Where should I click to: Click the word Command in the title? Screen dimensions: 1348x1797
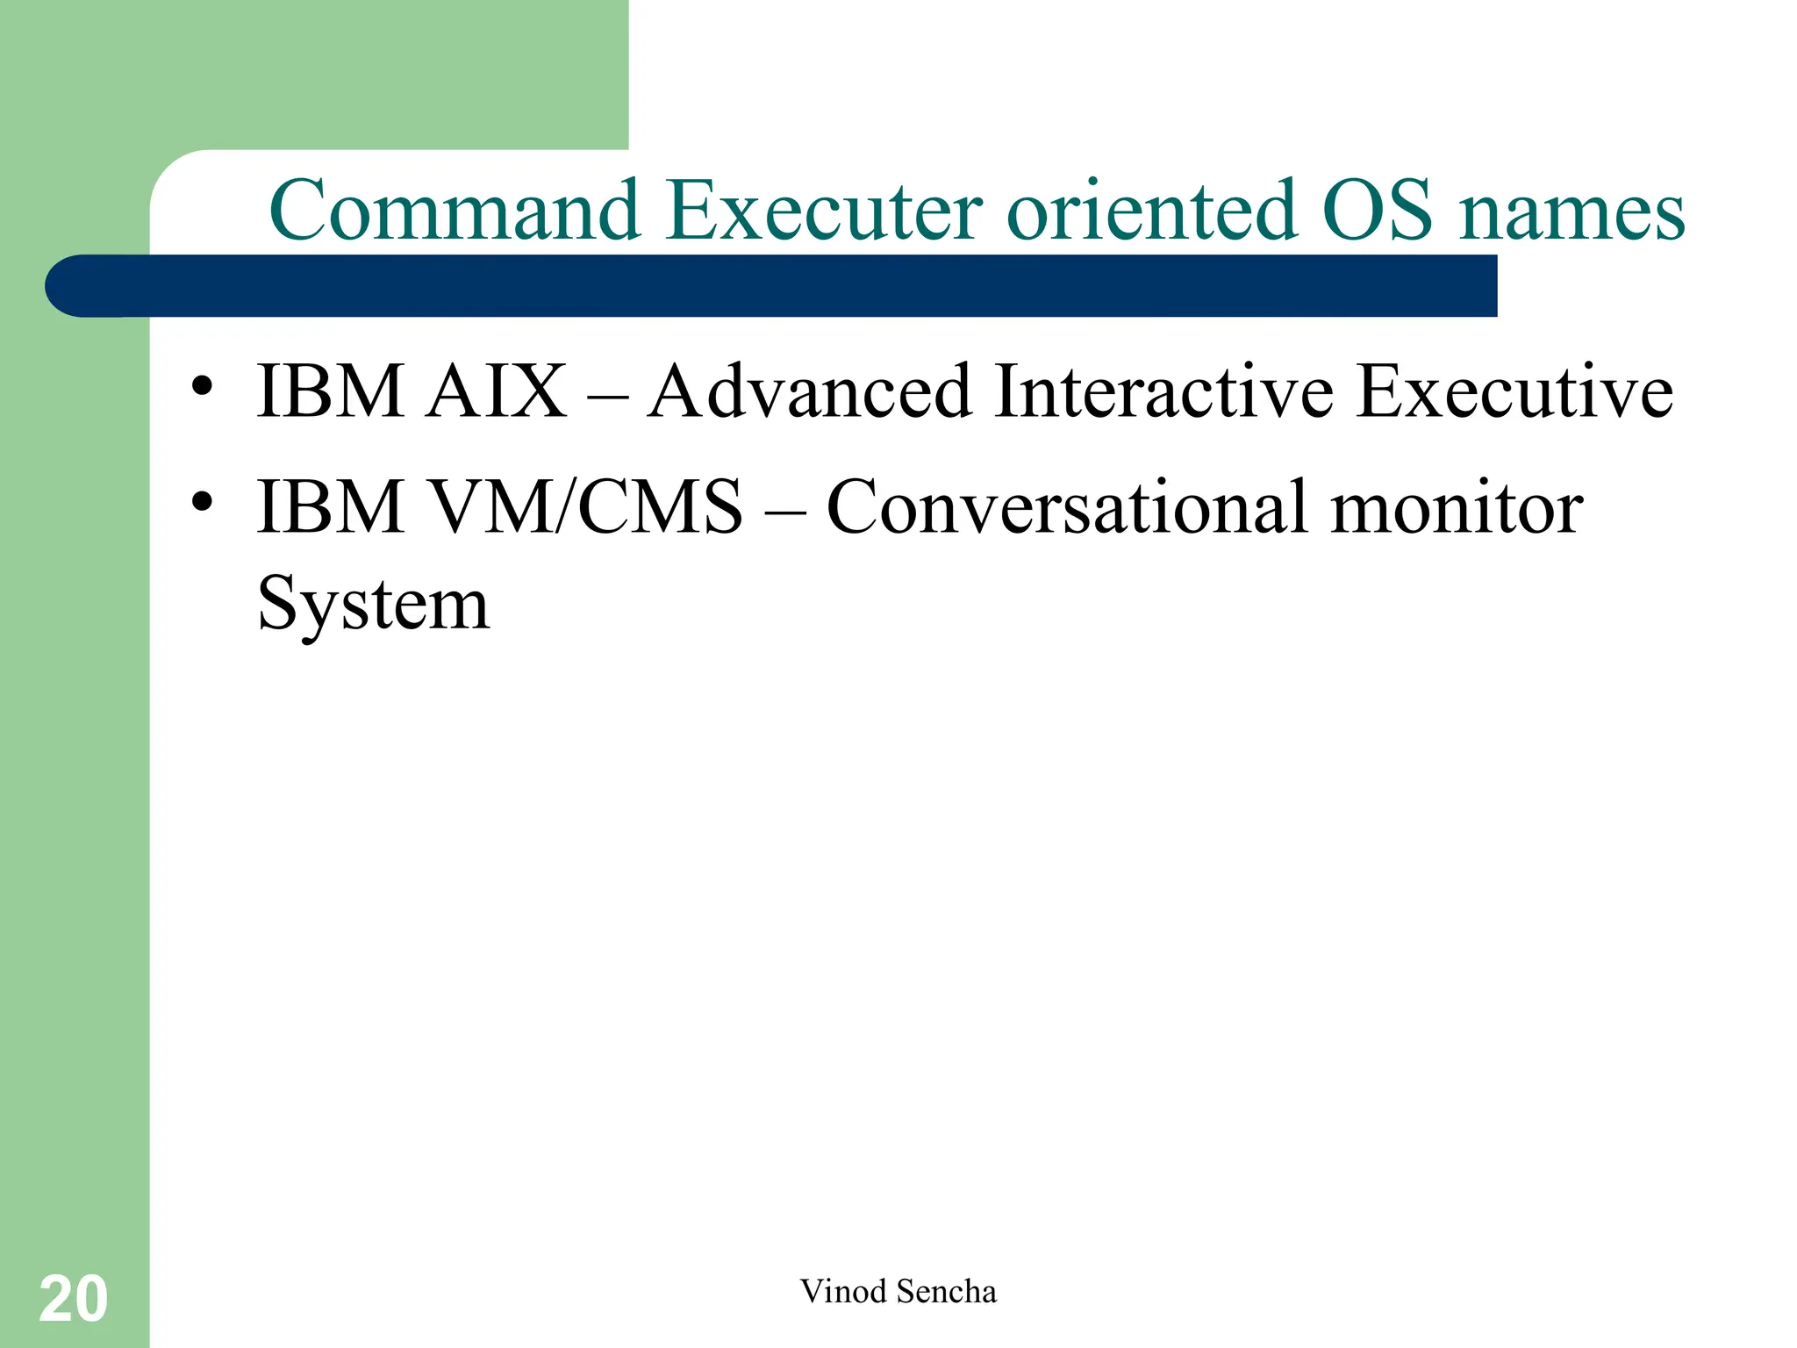point(455,212)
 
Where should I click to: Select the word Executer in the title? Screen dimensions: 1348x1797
point(825,212)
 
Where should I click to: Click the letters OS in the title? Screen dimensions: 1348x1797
point(1377,212)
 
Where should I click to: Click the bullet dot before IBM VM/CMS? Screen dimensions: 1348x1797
point(203,501)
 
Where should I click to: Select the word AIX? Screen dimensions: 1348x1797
point(498,391)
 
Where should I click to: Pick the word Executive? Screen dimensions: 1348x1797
point(1514,391)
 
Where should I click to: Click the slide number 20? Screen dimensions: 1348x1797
point(74,1300)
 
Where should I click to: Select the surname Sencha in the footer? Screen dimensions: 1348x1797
point(947,1292)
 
